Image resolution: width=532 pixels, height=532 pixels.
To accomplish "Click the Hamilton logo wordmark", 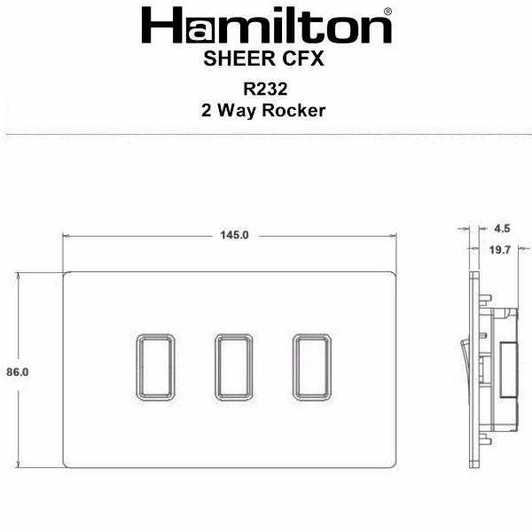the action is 266,26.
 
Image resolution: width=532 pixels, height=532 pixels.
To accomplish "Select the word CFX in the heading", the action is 303,59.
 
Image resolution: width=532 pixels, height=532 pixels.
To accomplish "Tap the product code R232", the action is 265,89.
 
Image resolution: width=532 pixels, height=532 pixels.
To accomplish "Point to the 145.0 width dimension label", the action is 234,235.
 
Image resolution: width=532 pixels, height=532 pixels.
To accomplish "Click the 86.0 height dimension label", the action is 18,372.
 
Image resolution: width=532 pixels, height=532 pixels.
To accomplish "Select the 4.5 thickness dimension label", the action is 502,229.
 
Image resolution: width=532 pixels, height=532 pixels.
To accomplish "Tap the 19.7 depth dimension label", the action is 499,250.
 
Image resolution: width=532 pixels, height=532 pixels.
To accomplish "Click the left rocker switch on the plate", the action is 155,367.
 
